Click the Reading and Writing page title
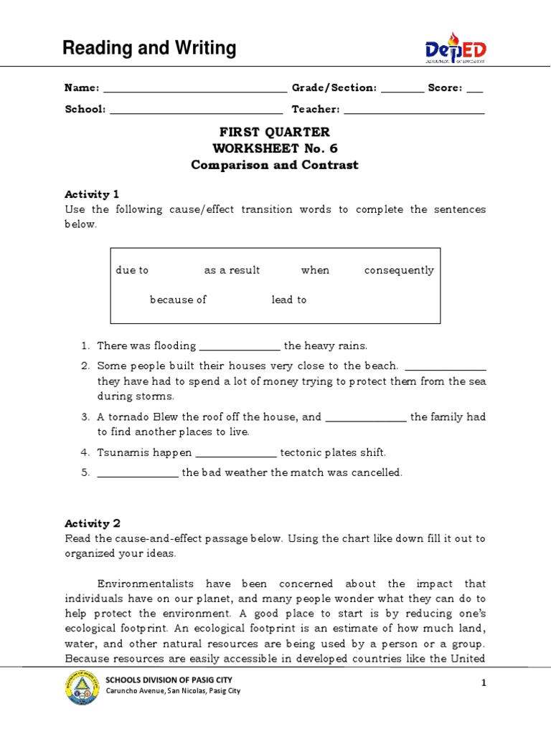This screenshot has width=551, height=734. (x=149, y=48)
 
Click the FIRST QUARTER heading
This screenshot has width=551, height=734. (x=275, y=132)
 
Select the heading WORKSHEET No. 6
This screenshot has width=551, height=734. (x=275, y=148)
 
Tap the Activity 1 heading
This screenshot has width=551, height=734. (x=92, y=194)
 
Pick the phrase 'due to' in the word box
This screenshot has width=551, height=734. (x=132, y=270)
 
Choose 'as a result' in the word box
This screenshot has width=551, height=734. (x=232, y=270)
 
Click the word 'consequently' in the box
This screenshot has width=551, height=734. (x=399, y=270)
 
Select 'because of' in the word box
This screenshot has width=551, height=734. (x=178, y=300)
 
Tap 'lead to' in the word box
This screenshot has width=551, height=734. (x=288, y=300)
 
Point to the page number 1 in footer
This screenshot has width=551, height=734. (x=484, y=684)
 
